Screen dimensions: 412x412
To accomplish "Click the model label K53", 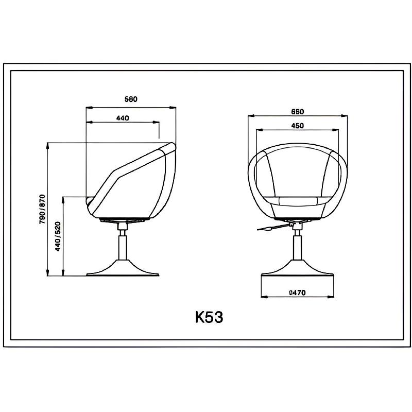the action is click(209, 317).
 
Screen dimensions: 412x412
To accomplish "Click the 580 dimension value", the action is click(131, 99).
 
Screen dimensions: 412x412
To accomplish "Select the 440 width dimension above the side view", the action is click(123, 118).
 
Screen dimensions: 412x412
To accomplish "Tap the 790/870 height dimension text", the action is click(42, 209).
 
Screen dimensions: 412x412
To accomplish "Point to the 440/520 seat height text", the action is click(58, 236).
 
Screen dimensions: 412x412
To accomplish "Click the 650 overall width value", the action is click(298, 112).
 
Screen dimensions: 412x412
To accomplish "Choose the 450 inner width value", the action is click(298, 126).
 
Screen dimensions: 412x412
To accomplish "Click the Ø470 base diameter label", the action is click(297, 292).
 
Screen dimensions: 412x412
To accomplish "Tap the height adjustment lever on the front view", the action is click(273, 228).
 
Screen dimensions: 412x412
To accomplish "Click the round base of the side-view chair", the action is click(123, 268).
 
